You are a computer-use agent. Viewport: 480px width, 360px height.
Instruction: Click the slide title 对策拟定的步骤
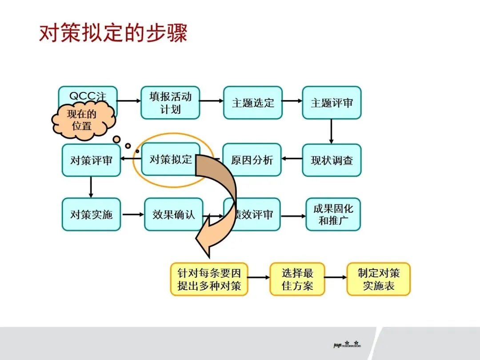(x=113, y=33)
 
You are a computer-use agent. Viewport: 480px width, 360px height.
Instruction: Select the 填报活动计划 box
(x=170, y=103)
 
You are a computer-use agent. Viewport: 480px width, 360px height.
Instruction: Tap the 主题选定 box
(x=252, y=103)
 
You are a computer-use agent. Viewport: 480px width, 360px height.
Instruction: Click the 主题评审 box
(x=332, y=103)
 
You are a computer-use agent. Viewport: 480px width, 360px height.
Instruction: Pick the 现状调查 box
(x=332, y=160)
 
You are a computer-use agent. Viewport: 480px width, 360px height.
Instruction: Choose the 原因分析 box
(x=252, y=160)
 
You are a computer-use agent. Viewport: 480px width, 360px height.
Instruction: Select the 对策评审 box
(x=91, y=160)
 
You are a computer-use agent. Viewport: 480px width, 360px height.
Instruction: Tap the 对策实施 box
(x=91, y=214)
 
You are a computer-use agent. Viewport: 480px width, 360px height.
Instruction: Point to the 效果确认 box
(x=173, y=214)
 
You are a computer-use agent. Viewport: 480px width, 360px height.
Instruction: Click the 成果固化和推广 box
(x=333, y=214)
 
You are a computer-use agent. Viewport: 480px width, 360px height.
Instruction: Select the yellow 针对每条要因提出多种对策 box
(x=209, y=279)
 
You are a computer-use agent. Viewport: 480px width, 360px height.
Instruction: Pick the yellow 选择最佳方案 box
(x=297, y=279)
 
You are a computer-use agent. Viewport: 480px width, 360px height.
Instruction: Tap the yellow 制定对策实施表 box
(x=379, y=279)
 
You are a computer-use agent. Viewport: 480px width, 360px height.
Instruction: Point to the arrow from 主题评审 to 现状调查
(x=331, y=131)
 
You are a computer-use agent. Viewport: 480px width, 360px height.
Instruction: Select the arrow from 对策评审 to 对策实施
(x=91, y=187)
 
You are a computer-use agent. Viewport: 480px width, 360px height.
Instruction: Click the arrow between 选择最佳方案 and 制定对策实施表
(x=336, y=277)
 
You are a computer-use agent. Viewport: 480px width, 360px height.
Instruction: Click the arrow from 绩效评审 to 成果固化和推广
(x=293, y=216)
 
